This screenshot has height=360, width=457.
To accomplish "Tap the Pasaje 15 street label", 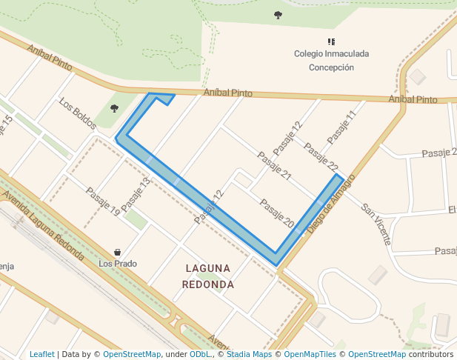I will pyautogui.click(x=6, y=127).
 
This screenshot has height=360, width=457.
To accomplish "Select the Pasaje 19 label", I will pyautogui.click(x=102, y=201).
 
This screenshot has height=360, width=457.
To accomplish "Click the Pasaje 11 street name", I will pyautogui.click(x=341, y=127).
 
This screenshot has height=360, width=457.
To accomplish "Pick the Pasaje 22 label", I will pyautogui.click(x=321, y=157).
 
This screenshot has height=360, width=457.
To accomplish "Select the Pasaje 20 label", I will pyautogui.click(x=278, y=213).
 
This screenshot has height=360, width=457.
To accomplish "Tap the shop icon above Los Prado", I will pyautogui.click(x=118, y=252).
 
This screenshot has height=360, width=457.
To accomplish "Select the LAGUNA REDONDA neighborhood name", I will pyautogui.click(x=208, y=276).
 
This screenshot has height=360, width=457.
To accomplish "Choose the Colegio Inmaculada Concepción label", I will pyautogui.click(x=331, y=60).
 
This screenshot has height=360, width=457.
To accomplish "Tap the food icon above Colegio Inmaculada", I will pyautogui.click(x=331, y=41).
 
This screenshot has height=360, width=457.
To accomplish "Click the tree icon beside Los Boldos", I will pyautogui.click(x=114, y=108).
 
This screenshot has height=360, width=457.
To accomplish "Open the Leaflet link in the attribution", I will pyautogui.click(x=42, y=355).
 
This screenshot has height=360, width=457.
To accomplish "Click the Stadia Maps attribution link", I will pyautogui.click(x=248, y=355).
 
